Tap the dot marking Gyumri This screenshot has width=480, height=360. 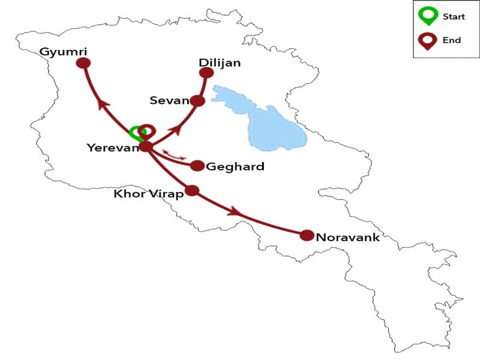(x=84, y=62)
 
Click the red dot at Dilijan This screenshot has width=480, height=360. (x=206, y=73)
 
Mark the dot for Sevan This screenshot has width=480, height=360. (x=197, y=101)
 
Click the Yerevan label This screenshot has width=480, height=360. (x=112, y=147)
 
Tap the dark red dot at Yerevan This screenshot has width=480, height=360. (x=146, y=146)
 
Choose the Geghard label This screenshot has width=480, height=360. (x=235, y=167)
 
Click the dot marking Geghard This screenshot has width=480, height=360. (x=197, y=166)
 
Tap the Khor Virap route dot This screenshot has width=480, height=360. (x=192, y=190)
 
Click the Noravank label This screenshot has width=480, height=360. (x=347, y=237)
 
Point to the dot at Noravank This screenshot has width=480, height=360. (x=307, y=235)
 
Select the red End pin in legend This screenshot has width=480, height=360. (x=427, y=40)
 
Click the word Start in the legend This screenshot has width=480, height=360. (x=453, y=16)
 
